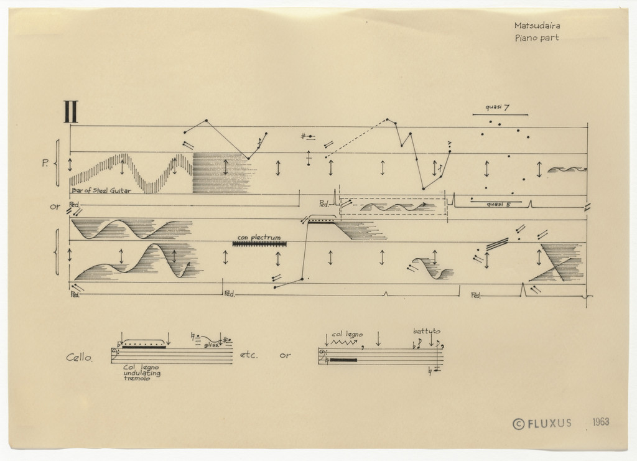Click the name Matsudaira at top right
[x=536, y=26]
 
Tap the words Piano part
[x=536, y=38]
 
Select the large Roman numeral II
[x=70, y=112]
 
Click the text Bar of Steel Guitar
[x=101, y=190]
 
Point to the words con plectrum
[x=259, y=237]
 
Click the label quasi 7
[x=498, y=108]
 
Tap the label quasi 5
[x=498, y=203]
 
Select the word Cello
[x=80, y=358]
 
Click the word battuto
[x=427, y=331]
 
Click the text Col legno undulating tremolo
[x=142, y=372]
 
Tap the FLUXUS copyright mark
[x=541, y=424]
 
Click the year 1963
[x=600, y=422]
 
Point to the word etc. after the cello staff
[x=248, y=356]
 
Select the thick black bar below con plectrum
[x=259, y=244]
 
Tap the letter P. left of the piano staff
[x=46, y=164]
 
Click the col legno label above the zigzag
[x=346, y=334]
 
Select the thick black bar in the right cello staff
[x=343, y=360]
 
